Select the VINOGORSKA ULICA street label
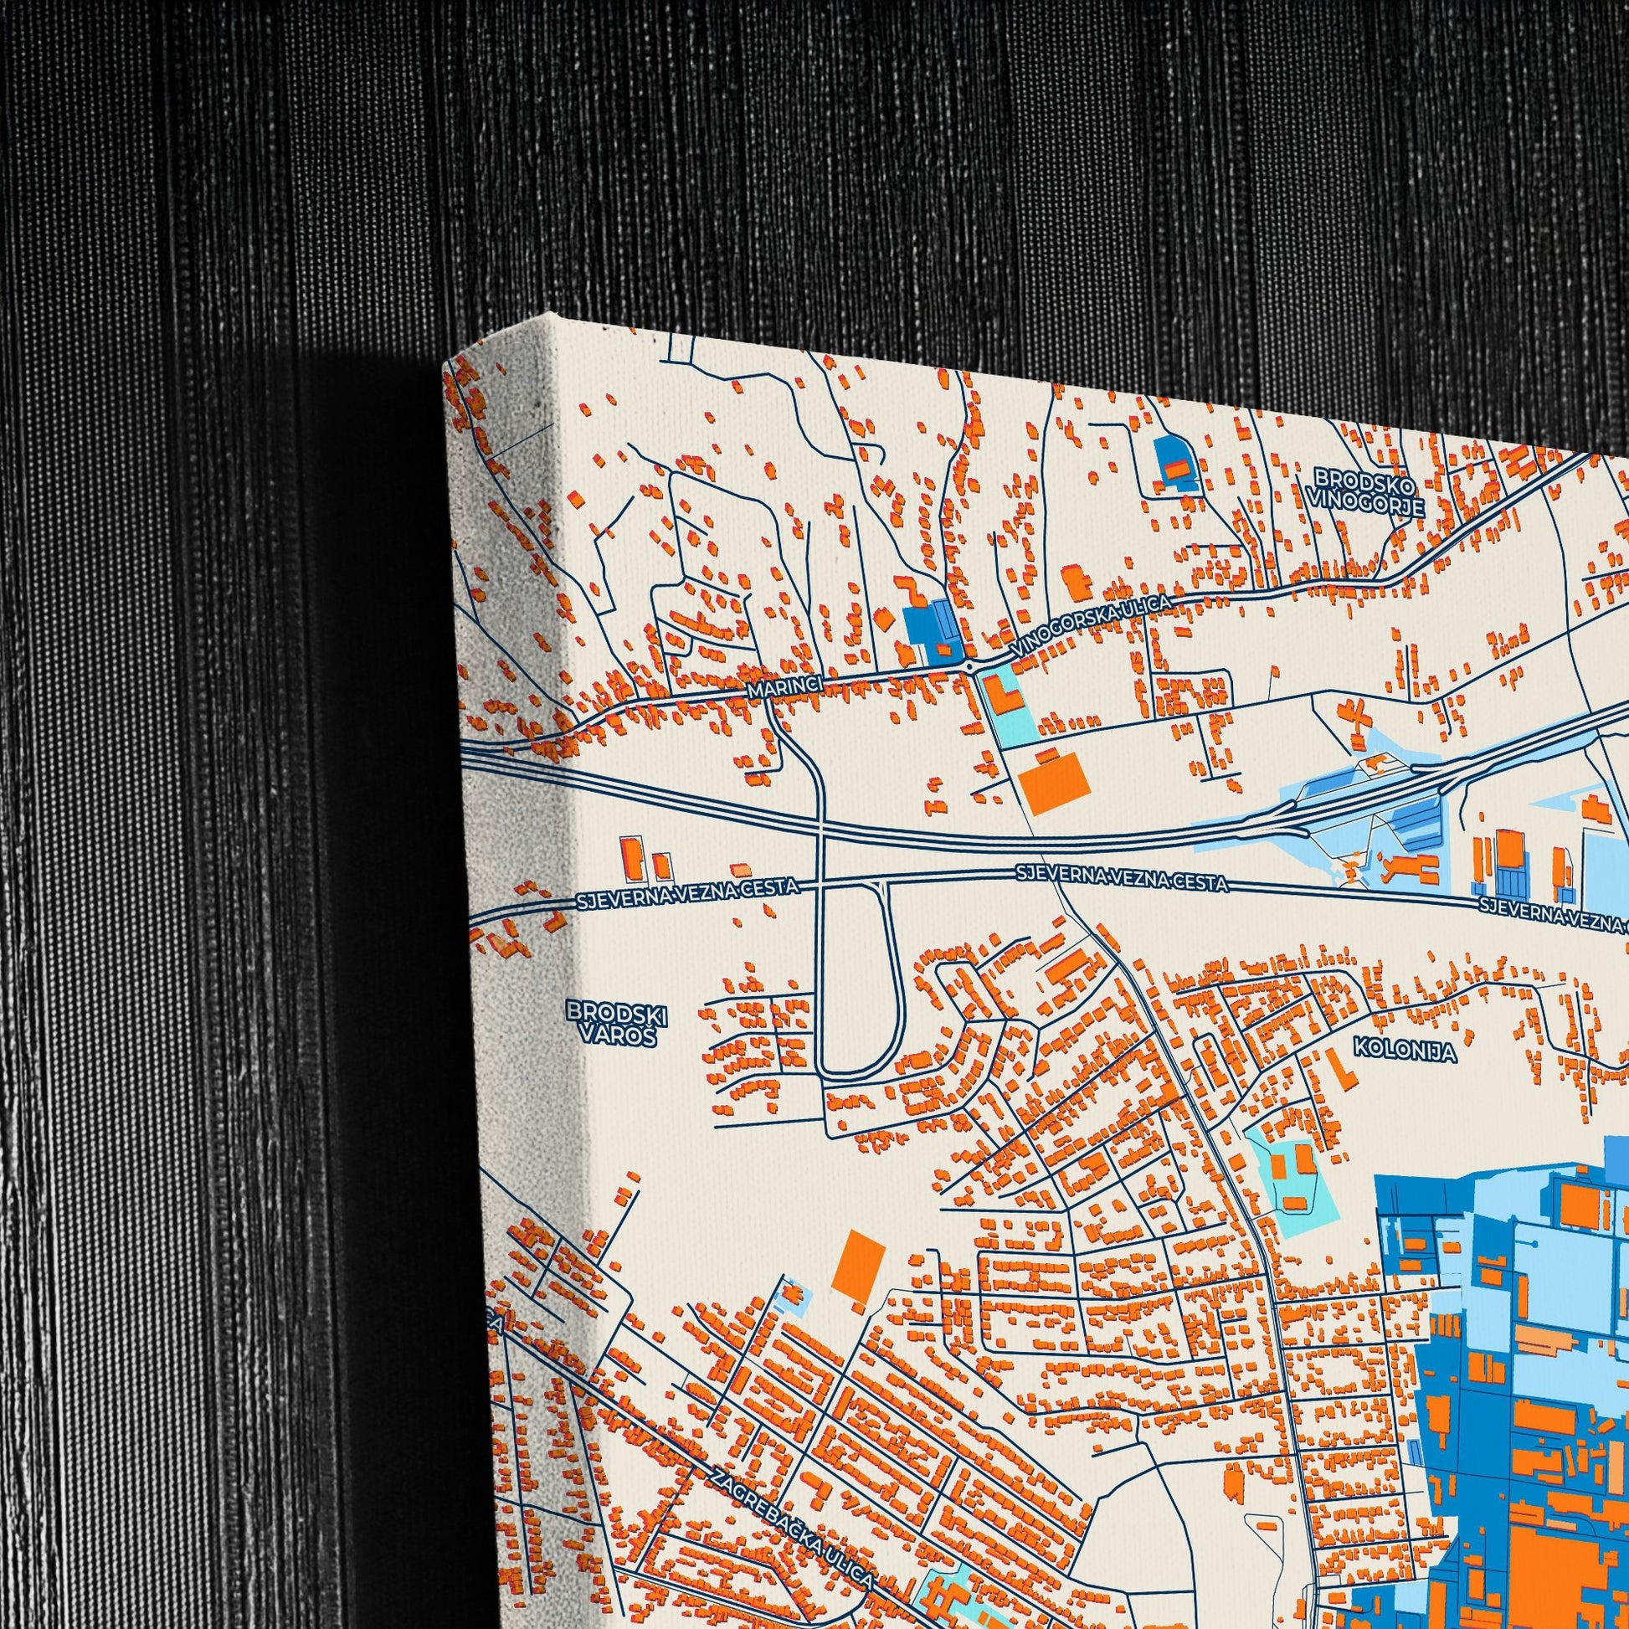(1093, 625)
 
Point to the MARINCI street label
(784, 689)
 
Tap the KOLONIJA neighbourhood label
(1393, 1051)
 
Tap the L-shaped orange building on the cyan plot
(1002, 698)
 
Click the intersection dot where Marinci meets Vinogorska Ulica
(970, 666)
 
